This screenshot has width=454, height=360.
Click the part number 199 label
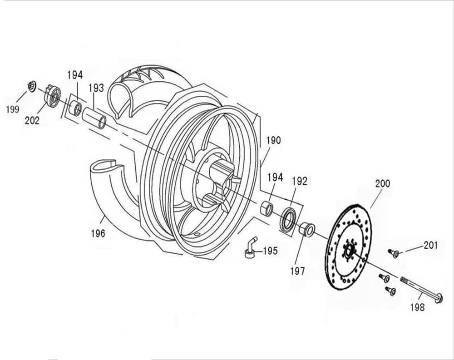[13, 109]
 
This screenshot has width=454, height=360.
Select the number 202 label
[32, 120]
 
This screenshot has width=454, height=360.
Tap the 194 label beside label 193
[75, 75]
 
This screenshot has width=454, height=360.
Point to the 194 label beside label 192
[275, 177]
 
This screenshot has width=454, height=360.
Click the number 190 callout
[273, 140]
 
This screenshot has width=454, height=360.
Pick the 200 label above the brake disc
[382, 184]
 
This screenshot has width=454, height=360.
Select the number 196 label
[98, 233]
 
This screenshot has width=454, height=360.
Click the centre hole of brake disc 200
[349, 251]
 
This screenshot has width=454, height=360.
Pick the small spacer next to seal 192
[266, 209]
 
